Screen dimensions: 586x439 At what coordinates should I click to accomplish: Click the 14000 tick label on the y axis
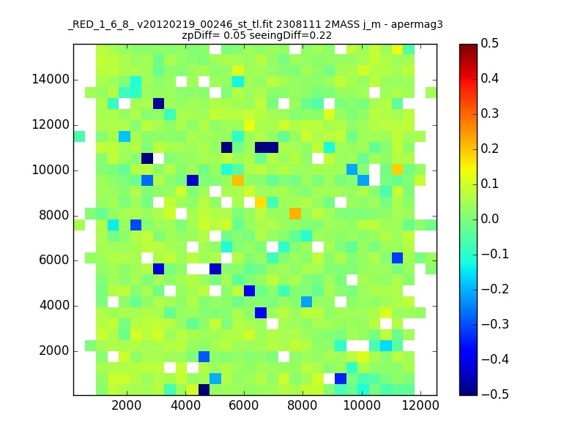pyautogui.click(x=51, y=80)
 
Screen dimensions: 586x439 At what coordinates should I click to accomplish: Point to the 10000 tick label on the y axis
pyautogui.click(x=51, y=170)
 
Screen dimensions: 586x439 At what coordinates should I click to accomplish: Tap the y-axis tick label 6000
pyautogui.click(x=54, y=260)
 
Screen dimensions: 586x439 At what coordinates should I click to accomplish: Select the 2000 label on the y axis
pyautogui.click(x=54, y=351)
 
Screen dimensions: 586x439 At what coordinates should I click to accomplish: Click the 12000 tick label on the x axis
pyautogui.click(x=420, y=405)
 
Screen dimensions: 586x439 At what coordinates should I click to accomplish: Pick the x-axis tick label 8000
pyautogui.click(x=303, y=405)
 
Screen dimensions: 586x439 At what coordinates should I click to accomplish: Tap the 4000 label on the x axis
pyautogui.click(x=185, y=405)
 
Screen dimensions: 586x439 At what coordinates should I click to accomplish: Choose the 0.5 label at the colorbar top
pyautogui.click(x=489, y=43)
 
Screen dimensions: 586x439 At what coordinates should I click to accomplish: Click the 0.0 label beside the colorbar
pyautogui.click(x=489, y=219)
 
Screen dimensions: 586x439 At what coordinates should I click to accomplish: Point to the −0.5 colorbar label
pyautogui.click(x=495, y=394)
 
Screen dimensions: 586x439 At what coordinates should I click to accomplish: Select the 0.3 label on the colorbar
pyautogui.click(x=489, y=113)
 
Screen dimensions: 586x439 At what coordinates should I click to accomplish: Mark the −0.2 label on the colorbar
pyautogui.click(x=495, y=289)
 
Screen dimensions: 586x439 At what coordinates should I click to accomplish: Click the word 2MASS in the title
pyautogui.click(x=342, y=25)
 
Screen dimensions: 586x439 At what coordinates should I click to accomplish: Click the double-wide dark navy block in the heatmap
pyautogui.click(x=267, y=148)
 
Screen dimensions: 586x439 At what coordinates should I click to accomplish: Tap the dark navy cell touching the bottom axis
pyautogui.click(x=204, y=390)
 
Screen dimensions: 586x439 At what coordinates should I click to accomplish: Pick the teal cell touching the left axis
pyautogui.click(x=79, y=137)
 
